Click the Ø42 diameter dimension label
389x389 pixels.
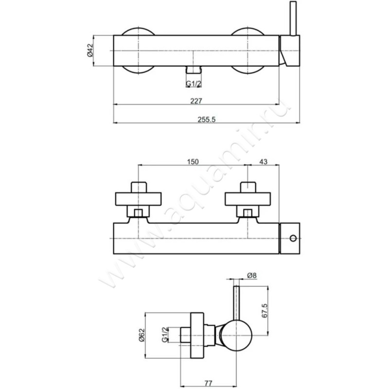click(x=90, y=51)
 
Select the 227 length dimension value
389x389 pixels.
click(x=196, y=101)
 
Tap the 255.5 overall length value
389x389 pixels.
click(x=207, y=120)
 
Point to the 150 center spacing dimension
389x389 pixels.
click(x=193, y=162)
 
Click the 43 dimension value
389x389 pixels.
click(x=263, y=162)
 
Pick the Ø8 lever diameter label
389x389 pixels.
click(x=252, y=275)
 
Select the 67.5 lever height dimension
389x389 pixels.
click(x=265, y=311)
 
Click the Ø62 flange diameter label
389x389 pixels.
click(x=141, y=335)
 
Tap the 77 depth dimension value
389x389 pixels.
click(x=209, y=383)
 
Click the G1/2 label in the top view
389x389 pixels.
click(x=194, y=84)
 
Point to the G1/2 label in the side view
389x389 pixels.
click(x=165, y=335)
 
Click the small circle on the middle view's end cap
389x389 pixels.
click(x=293, y=238)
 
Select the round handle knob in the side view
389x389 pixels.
click(x=237, y=336)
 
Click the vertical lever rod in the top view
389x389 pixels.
click(x=293, y=18)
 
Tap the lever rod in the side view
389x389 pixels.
click(x=236, y=303)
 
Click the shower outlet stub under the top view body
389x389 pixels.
click(x=193, y=70)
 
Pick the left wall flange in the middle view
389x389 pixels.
click(x=139, y=199)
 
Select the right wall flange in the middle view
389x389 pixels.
click(x=248, y=199)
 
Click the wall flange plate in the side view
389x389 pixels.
click(x=197, y=335)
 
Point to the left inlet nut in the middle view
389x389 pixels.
click(x=139, y=211)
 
